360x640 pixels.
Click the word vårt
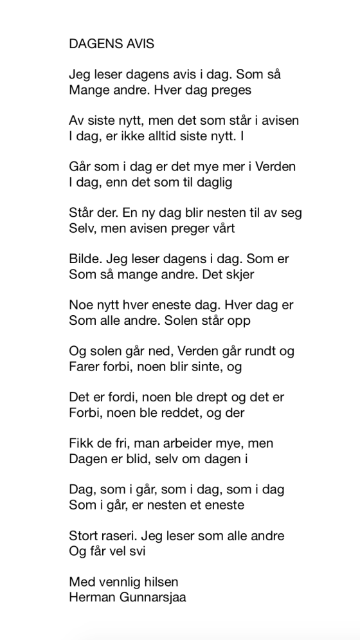point(221,228)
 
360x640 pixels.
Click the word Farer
point(85,367)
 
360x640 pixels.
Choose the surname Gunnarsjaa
point(154,597)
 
